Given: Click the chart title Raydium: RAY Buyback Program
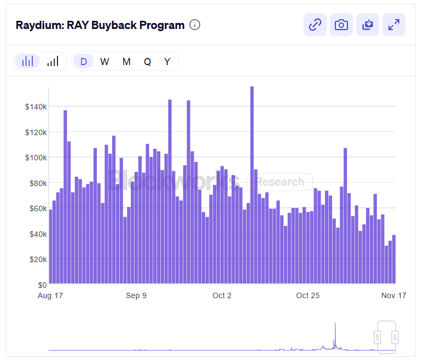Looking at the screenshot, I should tap(100, 25).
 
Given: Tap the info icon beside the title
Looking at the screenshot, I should tap(195, 25).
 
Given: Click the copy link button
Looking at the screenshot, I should tap(315, 25).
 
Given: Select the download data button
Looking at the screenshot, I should tap(368, 25).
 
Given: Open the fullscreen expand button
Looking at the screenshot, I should tap(393, 25).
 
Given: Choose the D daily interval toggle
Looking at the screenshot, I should tap(84, 61).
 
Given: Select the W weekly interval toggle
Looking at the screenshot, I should tap(104, 61).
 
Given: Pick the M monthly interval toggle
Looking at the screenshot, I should tap(126, 61).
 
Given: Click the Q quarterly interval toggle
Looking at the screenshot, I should tap(147, 61).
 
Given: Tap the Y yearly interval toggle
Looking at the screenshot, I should tap(167, 61).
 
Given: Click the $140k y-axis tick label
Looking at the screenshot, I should tap(36, 106).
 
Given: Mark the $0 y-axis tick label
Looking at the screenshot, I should tap(42, 285).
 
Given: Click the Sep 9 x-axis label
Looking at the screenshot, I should tap(136, 295).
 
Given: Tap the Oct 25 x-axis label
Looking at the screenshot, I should tap(307, 295).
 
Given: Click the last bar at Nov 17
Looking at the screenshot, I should tap(394, 259).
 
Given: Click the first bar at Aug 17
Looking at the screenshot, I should tap(51, 246).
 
